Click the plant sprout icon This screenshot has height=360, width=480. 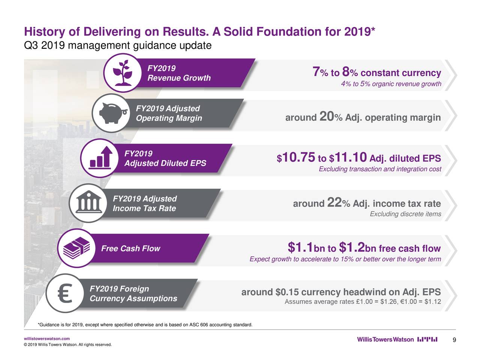point(123,73)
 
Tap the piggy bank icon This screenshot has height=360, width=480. point(111,113)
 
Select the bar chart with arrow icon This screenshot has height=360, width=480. point(100,157)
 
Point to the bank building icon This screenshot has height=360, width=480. point(88,203)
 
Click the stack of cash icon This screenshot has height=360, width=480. point(76,248)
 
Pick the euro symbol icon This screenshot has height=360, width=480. point(65,294)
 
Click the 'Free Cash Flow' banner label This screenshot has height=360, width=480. point(130,249)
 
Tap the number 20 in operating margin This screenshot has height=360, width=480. point(326,117)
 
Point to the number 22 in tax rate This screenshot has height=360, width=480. point(334,203)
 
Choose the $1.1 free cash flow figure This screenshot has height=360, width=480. point(300,248)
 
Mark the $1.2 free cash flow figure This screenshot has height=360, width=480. point(352,248)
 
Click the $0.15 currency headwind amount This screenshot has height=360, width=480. point(287,292)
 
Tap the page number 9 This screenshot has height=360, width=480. point(454,340)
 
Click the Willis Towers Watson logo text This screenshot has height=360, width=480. point(385,340)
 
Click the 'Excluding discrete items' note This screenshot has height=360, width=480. point(405,214)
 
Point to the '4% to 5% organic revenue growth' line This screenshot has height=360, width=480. point(391,84)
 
